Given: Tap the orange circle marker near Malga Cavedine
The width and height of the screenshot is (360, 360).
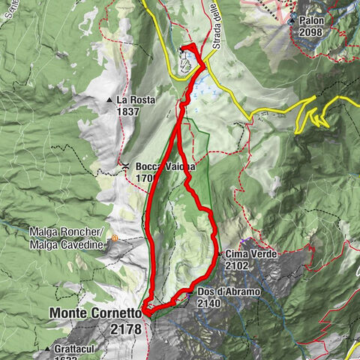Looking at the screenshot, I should pos(115,238).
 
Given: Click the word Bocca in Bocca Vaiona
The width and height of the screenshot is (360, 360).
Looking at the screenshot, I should pos(149,166).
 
